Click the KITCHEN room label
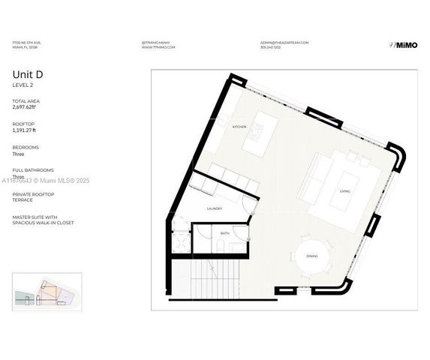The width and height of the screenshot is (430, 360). [x=239, y=127]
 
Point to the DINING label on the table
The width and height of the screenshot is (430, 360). [x=312, y=256]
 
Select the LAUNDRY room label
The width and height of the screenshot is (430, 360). [x=215, y=208]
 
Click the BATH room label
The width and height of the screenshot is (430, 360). [x=224, y=234]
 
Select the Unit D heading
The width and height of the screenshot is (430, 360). [x=27, y=73]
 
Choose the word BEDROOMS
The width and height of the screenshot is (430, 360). [x=26, y=147]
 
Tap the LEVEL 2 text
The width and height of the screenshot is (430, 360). [x=23, y=84]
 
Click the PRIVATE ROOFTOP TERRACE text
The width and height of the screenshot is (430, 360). [x=33, y=196]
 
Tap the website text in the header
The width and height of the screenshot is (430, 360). [x=158, y=47]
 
